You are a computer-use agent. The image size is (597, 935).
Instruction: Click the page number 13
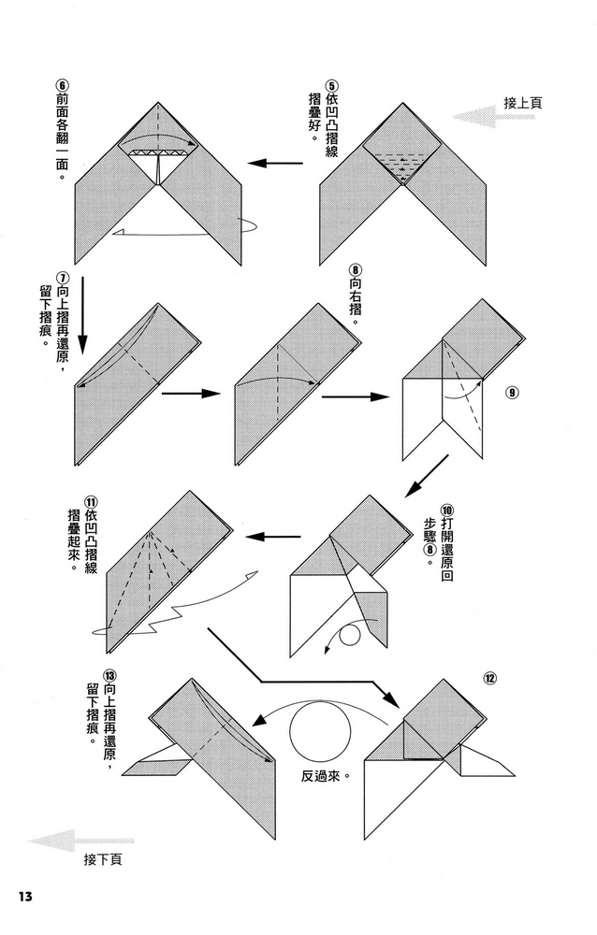pos(24,896)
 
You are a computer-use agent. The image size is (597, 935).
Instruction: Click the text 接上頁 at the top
pos(523,104)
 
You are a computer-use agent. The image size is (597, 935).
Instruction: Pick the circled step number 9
pos(512,392)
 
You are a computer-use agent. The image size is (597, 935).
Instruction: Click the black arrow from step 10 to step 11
pos(272,537)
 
